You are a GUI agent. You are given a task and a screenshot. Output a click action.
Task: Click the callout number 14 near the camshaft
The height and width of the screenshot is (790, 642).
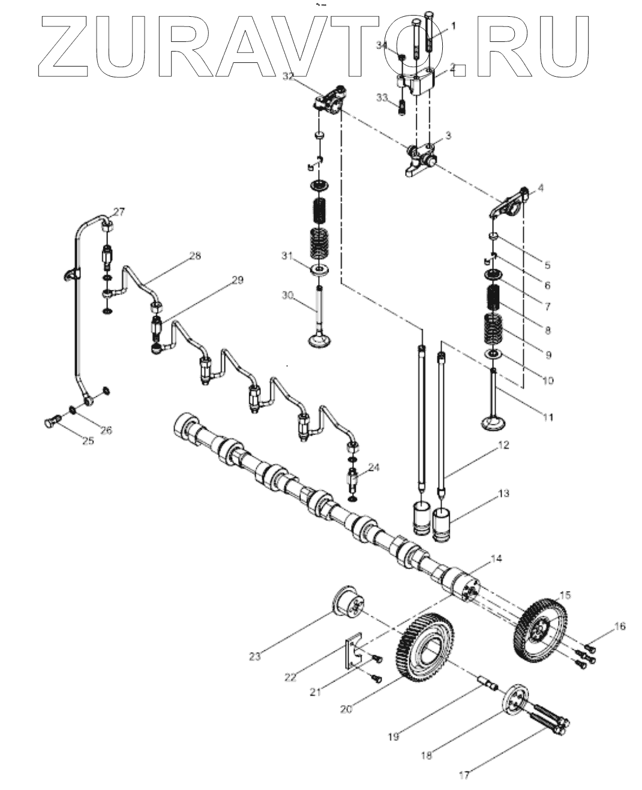pyautogui.click(x=496, y=559)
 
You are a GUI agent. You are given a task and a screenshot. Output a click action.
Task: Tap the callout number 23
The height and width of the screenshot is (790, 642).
pyautogui.click(x=255, y=656)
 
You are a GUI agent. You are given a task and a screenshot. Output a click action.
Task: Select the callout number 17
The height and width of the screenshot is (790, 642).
pyautogui.click(x=464, y=774)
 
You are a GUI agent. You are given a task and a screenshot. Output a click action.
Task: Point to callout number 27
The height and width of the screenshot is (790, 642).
pyautogui.click(x=118, y=211)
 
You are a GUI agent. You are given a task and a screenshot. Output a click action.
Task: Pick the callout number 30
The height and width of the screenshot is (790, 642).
pyautogui.click(x=287, y=295)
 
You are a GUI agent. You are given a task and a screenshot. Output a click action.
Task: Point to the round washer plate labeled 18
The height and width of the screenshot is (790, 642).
pyautogui.click(x=515, y=700)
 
